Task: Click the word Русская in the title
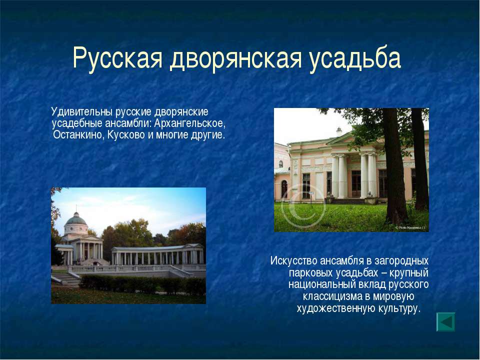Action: (117, 58)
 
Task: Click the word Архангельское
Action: (189, 123)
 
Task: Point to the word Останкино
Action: (78, 134)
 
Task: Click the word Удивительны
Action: (82, 112)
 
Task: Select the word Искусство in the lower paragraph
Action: (293, 261)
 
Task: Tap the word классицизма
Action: (332, 296)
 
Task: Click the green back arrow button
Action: (445, 322)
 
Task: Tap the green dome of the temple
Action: (76, 219)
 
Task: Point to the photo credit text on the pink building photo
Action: (410, 227)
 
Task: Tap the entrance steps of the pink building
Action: (348, 201)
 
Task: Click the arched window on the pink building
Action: (284, 189)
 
